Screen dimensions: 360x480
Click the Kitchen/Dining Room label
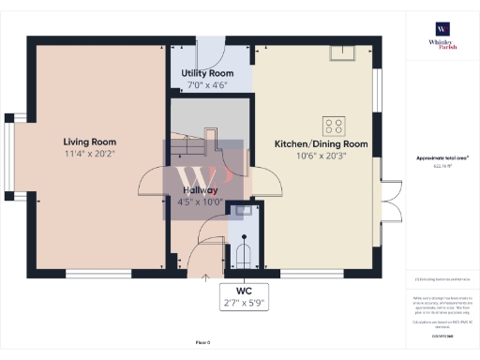click(320, 144)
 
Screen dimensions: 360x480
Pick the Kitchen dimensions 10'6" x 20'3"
click(320, 157)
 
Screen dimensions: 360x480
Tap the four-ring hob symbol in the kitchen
click(332, 124)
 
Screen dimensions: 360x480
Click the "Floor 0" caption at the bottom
click(202, 343)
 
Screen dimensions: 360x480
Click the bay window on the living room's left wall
click(10, 155)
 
